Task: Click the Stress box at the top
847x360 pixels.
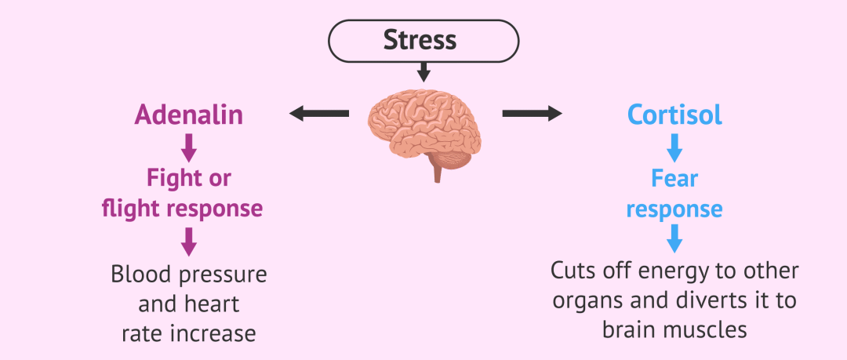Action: [x=423, y=40]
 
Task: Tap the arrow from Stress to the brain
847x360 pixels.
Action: [x=423, y=72]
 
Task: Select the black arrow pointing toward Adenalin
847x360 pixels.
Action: [x=318, y=115]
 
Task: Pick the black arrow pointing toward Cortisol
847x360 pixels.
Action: [x=532, y=115]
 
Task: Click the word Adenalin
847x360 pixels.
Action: [x=188, y=115]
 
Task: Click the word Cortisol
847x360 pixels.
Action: [x=674, y=115]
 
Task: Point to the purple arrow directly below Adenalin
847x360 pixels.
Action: [x=188, y=147]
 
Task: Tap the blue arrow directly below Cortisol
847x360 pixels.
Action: [x=674, y=147]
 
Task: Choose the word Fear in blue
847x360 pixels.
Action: [x=674, y=178]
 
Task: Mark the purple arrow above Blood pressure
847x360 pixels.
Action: [x=188, y=242]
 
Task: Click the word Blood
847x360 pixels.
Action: [x=140, y=275]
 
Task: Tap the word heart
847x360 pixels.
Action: [x=213, y=304]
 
